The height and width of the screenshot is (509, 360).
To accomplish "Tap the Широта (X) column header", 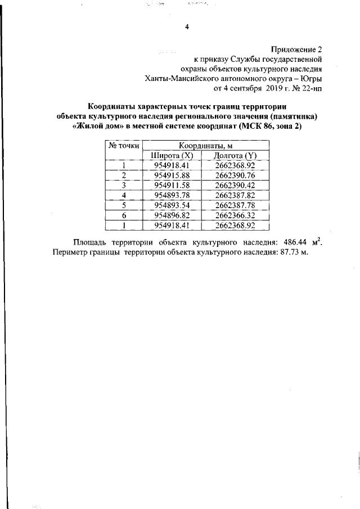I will pos(173,156).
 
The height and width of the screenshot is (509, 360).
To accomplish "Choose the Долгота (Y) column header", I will pos(235,156).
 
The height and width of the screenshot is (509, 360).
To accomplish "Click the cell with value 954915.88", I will pos(173,175).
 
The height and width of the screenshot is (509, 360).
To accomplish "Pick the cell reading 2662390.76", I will pos(235,175).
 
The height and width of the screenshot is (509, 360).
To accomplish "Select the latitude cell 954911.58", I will pos(173,185).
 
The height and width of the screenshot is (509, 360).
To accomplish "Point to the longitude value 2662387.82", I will pos(235,195).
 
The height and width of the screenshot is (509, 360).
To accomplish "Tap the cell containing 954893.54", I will pos(173,205).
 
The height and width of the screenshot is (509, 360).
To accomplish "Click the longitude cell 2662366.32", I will pos(235,215).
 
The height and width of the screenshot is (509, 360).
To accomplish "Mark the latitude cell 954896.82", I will pos(173,215).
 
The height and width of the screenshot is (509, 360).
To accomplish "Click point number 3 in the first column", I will pos(123,185).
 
